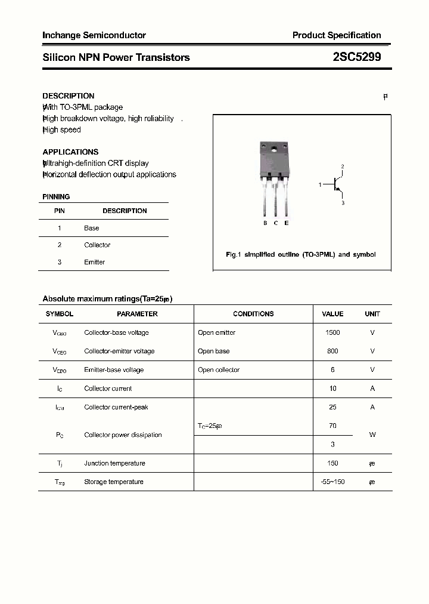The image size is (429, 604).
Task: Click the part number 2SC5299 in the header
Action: (x=356, y=57)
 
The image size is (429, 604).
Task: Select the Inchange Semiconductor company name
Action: (x=94, y=35)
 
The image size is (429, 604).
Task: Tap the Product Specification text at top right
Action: (x=336, y=35)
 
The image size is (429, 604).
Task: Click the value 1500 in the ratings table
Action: (x=332, y=332)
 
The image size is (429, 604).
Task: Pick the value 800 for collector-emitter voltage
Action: (x=332, y=351)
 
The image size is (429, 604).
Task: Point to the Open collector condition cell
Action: (x=219, y=370)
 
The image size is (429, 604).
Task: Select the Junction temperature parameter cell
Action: (x=114, y=463)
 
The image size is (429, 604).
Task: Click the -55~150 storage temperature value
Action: (x=332, y=482)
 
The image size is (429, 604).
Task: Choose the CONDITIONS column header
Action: (x=253, y=314)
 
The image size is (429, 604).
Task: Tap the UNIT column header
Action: (x=372, y=314)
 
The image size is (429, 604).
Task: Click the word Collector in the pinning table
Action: (x=97, y=245)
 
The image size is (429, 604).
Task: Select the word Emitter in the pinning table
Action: (x=94, y=262)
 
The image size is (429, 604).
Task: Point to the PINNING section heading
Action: (x=56, y=196)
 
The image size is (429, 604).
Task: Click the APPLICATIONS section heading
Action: (x=70, y=152)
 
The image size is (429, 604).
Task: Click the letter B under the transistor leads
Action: (x=265, y=223)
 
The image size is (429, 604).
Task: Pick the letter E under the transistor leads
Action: (x=287, y=223)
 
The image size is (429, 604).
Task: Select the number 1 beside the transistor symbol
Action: (x=320, y=185)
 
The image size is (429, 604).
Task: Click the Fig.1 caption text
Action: (x=301, y=254)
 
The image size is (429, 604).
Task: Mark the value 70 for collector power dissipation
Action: (x=332, y=426)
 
